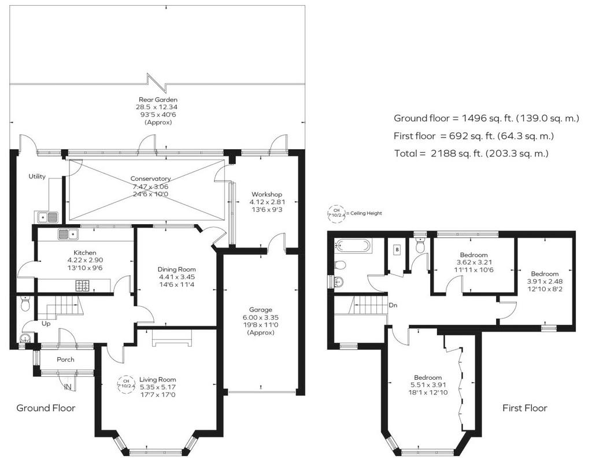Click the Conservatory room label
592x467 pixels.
pyautogui.click(x=151, y=179)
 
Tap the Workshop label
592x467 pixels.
pyautogui.click(x=267, y=194)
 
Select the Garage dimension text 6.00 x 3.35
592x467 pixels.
pyautogui.click(x=261, y=317)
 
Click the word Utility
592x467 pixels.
pyautogui.click(x=37, y=176)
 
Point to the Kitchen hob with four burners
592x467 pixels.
pyautogui.click(x=83, y=286)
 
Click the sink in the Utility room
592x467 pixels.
pyautogui.click(x=47, y=217)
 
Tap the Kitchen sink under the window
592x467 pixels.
pyautogui.click(x=68, y=234)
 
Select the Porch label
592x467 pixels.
pyautogui.click(x=66, y=359)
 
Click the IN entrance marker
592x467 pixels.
pyautogui.click(x=68, y=387)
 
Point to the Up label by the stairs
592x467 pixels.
pyautogui.click(x=46, y=324)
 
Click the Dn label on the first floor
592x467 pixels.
pyautogui.click(x=393, y=305)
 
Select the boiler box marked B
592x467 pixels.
pyautogui.click(x=397, y=250)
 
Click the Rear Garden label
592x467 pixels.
pyautogui.click(x=158, y=99)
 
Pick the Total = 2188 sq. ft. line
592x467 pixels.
pyautogui.click(x=471, y=153)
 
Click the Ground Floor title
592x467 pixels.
pyautogui.click(x=46, y=407)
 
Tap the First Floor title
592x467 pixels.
pyautogui.click(x=525, y=407)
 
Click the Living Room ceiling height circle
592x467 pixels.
pyautogui.click(x=127, y=384)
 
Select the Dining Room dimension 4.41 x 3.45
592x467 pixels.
pyautogui.click(x=177, y=277)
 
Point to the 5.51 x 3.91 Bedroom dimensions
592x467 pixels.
pyautogui.click(x=428, y=385)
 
